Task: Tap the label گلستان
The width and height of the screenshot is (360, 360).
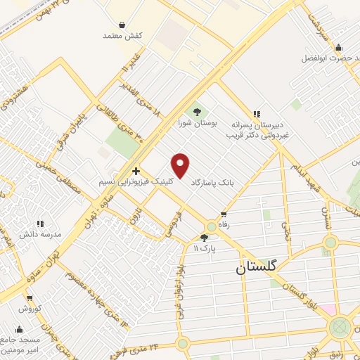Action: coord(257,268)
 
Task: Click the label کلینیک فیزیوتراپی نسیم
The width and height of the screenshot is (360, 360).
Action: coord(135,181)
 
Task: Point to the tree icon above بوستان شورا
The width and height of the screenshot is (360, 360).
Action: coord(197,111)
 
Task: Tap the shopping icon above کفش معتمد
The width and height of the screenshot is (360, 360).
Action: coord(122,25)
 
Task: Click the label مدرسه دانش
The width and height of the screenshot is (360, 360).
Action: coord(44,233)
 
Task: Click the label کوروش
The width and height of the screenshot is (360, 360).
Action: coord(31,309)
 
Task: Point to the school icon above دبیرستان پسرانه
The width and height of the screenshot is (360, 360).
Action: coord(257,112)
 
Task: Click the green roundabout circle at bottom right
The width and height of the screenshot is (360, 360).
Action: coord(340,326)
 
